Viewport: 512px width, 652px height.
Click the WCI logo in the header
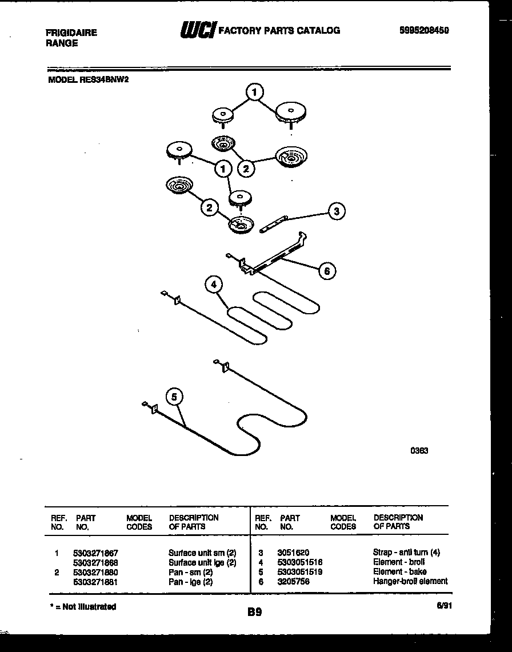pos(197,30)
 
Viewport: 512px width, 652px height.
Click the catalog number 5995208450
pos(423,31)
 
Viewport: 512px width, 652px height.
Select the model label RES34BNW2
pos(88,81)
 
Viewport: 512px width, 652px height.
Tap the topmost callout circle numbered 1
pos(255,91)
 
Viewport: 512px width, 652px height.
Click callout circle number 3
pos(337,211)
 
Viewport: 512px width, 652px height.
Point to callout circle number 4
pos(214,284)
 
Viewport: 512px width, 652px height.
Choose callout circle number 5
pos(174,397)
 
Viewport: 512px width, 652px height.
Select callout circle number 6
pos(327,270)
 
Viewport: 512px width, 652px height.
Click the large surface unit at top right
pos(291,111)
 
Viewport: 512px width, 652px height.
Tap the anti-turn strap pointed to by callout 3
pos(273,224)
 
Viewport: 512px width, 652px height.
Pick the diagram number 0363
pos(419,450)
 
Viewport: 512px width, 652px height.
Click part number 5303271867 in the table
pos(95,553)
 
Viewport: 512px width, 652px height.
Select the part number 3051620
pos(293,553)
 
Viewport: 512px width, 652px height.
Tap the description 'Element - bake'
pos(399,571)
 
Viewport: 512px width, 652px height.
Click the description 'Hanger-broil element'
pos(410,581)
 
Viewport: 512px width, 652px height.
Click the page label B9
pos(255,612)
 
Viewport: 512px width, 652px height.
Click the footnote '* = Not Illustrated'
pos(83,606)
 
